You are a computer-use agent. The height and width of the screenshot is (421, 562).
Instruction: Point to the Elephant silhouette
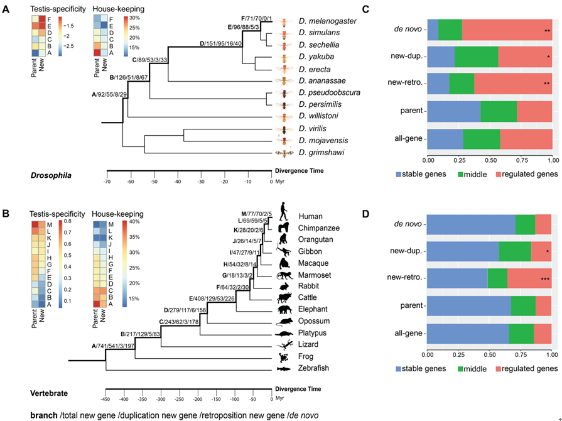click(284, 309)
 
